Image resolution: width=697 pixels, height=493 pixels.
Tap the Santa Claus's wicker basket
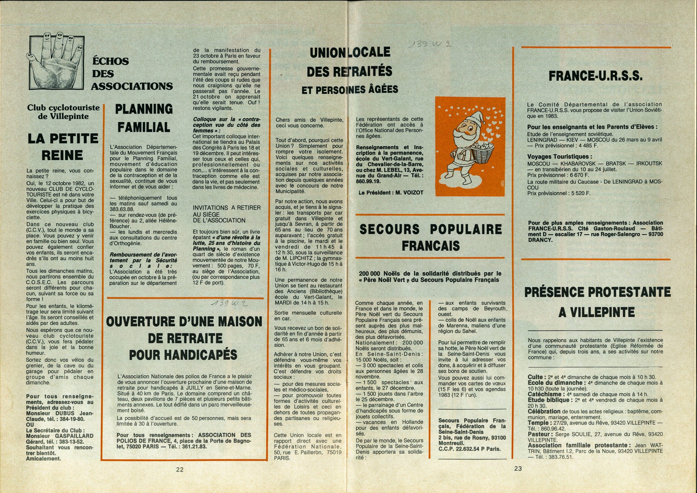(483, 149)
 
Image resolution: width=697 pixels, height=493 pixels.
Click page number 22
(180, 469)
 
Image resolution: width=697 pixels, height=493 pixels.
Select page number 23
(518, 468)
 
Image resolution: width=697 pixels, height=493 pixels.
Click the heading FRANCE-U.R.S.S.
(596, 76)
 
